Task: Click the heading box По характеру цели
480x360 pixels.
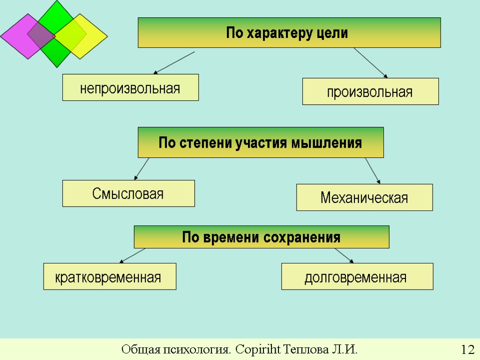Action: point(289,32)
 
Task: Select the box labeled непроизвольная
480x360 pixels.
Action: point(130,88)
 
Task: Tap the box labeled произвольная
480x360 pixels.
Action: point(370,91)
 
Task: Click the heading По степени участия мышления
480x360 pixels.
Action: point(261,142)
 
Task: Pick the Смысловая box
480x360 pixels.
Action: point(128,193)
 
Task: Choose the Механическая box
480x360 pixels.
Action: point(364,197)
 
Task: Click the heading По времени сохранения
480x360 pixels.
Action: point(262,237)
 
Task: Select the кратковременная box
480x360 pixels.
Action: point(110,277)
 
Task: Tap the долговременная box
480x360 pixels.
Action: point(357,277)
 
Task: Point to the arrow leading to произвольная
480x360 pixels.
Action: point(370,62)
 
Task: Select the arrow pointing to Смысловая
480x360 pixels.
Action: point(142,169)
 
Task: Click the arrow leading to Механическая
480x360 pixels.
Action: point(373,171)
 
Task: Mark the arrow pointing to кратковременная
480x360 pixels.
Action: point(133,255)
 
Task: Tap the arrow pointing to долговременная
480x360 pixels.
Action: point(344,255)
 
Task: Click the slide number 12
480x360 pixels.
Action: point(467,350)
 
